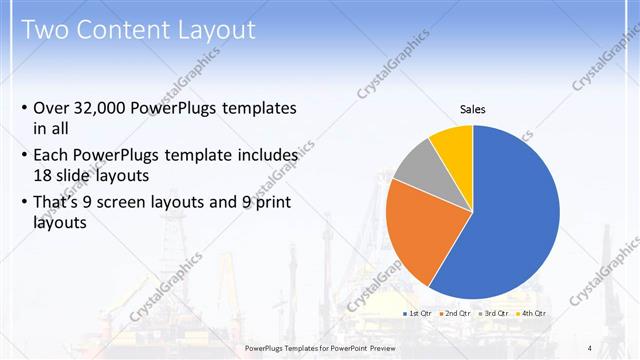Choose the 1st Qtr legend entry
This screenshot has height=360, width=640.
[x=417, y=314]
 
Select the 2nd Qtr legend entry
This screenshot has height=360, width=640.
[x=456, y=314]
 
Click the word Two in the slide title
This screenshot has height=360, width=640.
[x=45, y=29]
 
